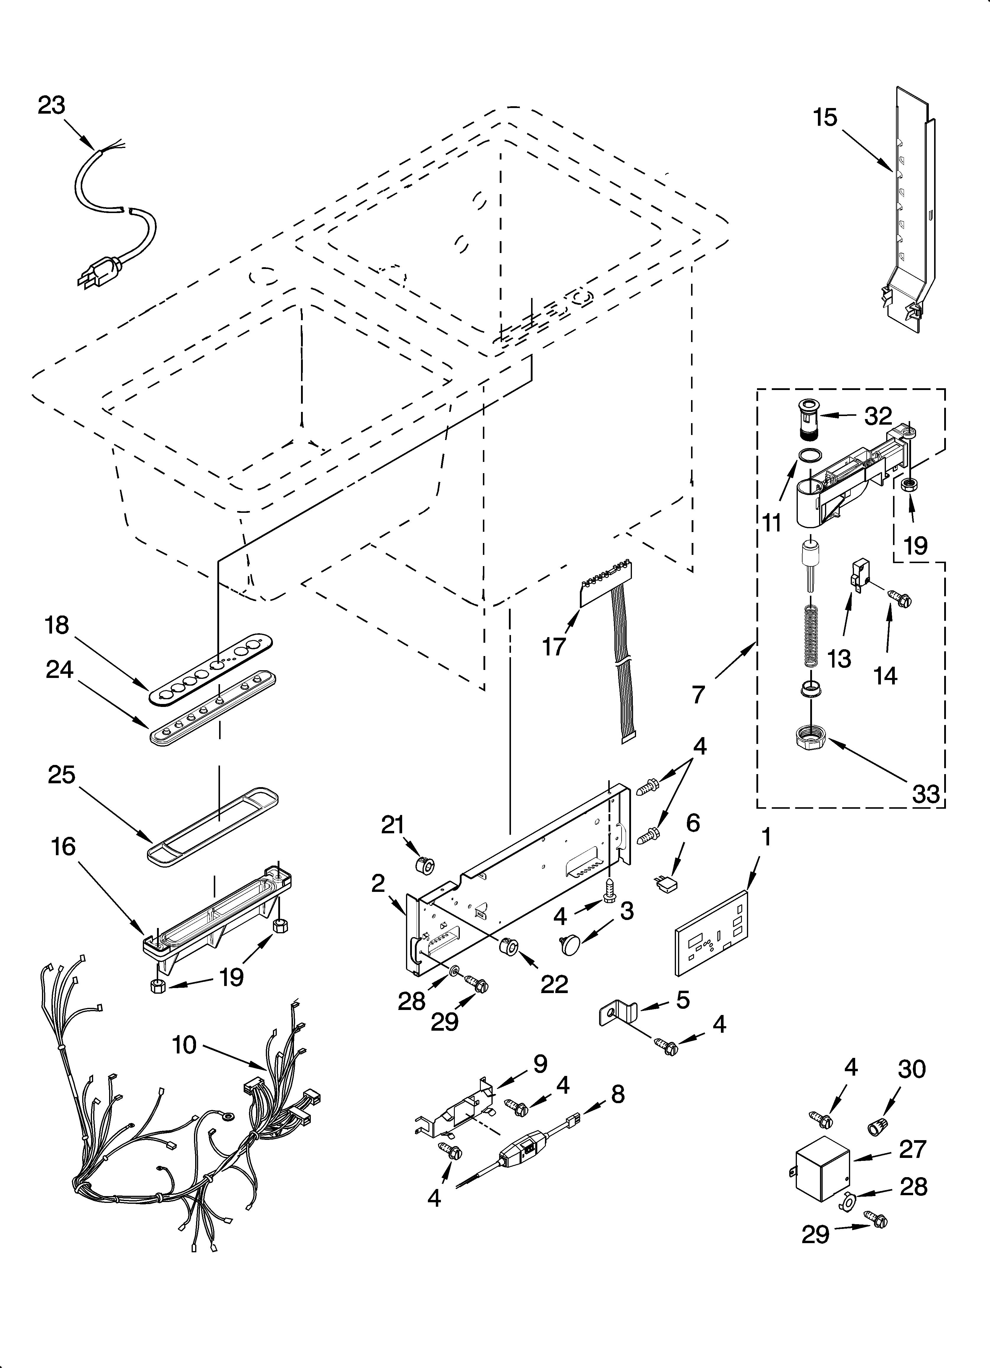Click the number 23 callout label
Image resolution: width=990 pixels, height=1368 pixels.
(x=51, y=106)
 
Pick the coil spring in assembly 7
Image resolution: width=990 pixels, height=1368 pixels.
(x=811, y=636)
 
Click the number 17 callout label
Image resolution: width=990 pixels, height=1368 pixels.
(x=554, y=647)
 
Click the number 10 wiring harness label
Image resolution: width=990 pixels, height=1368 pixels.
(x=185, y=1045)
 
